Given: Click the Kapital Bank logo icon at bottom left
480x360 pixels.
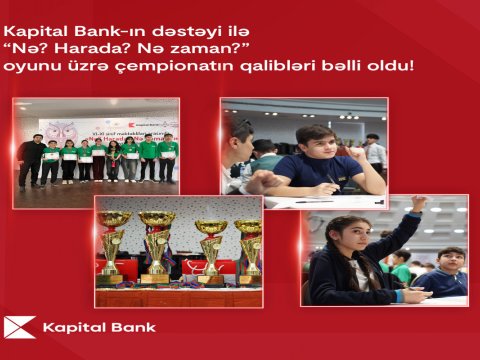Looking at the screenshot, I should click(x=20, y=327).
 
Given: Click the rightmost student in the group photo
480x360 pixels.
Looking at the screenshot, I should click(x=168, y=157).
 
